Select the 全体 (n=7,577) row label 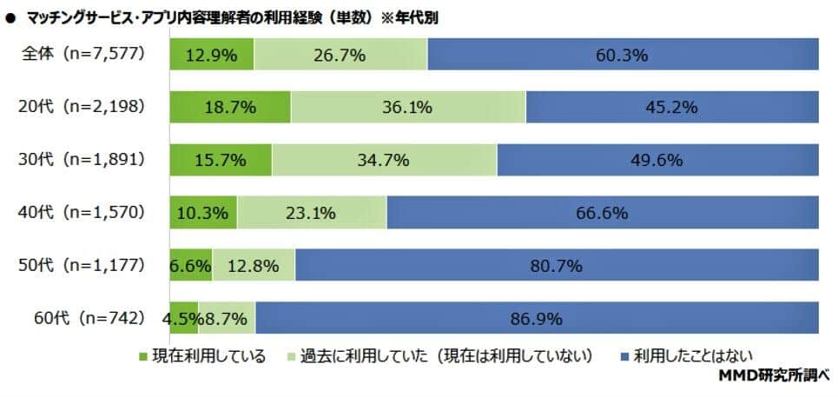pos(83,54)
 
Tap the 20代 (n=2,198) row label pos(83,107)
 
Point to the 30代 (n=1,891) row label pos(83,159)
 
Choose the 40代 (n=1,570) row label pos(83,212)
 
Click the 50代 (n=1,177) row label pos(83,265)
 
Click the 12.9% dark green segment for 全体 pos(212,54)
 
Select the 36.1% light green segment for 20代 pos(408,107)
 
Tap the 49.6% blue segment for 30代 pos(657,160)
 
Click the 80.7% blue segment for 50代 pos(557,265)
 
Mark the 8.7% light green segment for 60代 pos(228,318)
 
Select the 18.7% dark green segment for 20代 pos(231,107)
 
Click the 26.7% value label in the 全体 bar pos(340,55)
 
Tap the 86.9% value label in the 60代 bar pos(537,319)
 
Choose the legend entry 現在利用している pos(201,356)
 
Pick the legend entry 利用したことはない pos(686,356)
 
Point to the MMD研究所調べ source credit pos(775,376)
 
